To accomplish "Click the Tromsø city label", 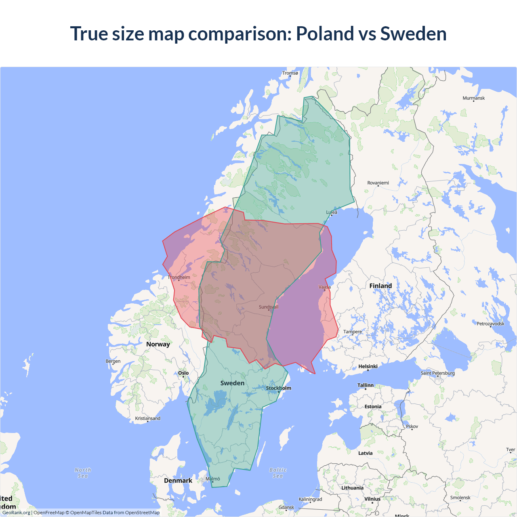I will click(290, 73).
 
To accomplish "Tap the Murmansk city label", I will click(473, 98).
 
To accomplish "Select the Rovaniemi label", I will click(378, 183).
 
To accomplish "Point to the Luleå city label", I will click(332, 212).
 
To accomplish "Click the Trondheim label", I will click(179, 277).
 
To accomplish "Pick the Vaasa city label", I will click(324, 287).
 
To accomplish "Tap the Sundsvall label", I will click(269, 307).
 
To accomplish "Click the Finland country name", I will click(380, 286).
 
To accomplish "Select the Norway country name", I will click(158, 344).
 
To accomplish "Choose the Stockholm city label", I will click(278, 388).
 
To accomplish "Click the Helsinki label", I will click(368, 367).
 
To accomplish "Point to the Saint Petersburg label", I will click(437, 373).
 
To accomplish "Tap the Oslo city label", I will click(183, 373).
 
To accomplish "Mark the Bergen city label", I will click(113, 361).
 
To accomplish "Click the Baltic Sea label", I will click(278, 473).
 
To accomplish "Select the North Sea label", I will click(83, 473).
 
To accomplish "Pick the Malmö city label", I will click(213, 479).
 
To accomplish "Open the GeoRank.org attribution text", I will click(16, 513).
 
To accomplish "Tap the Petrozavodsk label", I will click(490, 324).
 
